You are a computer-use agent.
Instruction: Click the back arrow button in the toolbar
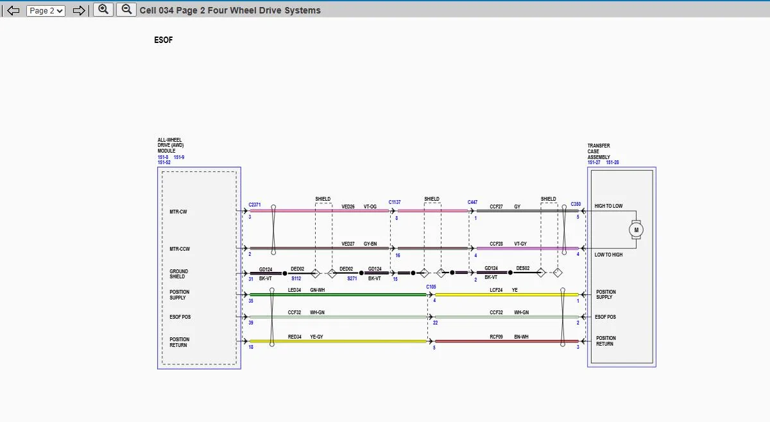pyautogui.click(x=13, y=11)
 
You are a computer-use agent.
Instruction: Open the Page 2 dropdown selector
pyautogui.click(x=46, y=11)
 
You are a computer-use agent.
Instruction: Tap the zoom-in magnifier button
pyautogui.click(x=103, y=10)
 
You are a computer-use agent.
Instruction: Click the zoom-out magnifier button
pyautogui.click(x=126, y=10)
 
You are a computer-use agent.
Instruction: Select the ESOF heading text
pyautogui.click(x=163, y=40)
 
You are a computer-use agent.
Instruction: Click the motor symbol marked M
pyautogui.click(x=636, y=230)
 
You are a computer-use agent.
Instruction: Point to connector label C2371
pyautogui.click(x=254, y=205)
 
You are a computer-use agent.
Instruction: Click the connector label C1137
pyautogui.click(x=395, y=202)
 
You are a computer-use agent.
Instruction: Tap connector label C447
pyautogui.click(x=472, y=202)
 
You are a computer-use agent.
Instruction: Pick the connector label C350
pyautogui.click(x=576, y=204)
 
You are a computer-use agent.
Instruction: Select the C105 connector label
pyautogui.click(x=431, y=287)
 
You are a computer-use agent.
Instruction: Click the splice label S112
pyautogui.click(x=296, y=278)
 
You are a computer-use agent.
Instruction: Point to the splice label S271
pyautogui.click(x=352, y=278)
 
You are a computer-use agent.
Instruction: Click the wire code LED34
pyautogui.click(x=295, y=290)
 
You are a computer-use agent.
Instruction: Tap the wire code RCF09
pyautogui.click(x=496, y=337)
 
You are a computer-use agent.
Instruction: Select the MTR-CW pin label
pyautogui.click(x=178, y=212)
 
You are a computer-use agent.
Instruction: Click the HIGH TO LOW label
pyautogui.click(x=608, y=206)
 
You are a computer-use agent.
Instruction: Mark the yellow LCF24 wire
pyautogui.click(x=507, y=294)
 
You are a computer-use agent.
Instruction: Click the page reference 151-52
pyautogui.click(x=164, y=162)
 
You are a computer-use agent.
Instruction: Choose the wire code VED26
pyautogui.click(x=348, y=207)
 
